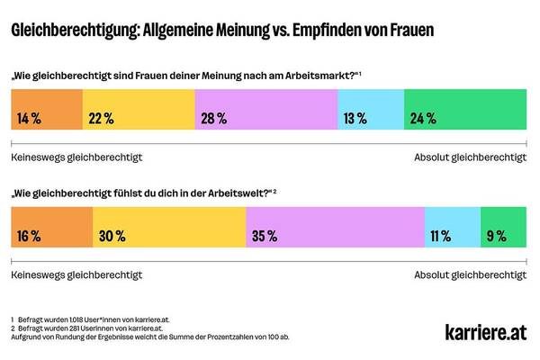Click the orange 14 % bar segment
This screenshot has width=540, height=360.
tap(46, 118)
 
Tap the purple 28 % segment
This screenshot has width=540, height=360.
tap(265, 118)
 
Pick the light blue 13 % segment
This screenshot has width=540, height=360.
tap(370, 118)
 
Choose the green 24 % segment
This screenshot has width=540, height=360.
tap(465, 118)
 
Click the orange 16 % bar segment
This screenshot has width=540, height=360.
tap(51, 237)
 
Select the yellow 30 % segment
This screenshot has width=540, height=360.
tap(169, 237)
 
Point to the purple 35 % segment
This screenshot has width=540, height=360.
tap(335, 237)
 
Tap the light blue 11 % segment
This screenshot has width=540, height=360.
tap(452, 237)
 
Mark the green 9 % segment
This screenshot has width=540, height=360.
tap(504, 237)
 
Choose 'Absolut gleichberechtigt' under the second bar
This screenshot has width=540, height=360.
tap(470, 274)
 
